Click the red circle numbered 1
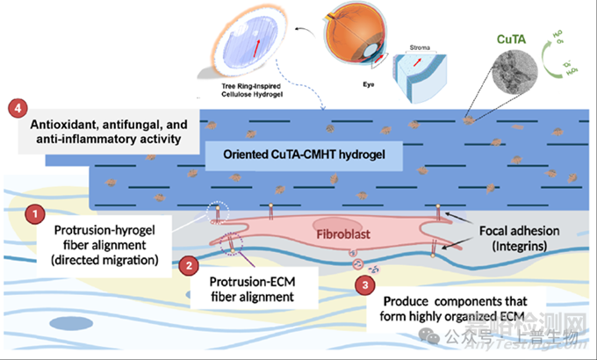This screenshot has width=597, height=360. coord(34,213)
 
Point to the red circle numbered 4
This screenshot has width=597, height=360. coord(15,109)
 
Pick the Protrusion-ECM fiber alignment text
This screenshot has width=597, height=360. coord(250,290)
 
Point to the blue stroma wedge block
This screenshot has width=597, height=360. coord(418,83)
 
